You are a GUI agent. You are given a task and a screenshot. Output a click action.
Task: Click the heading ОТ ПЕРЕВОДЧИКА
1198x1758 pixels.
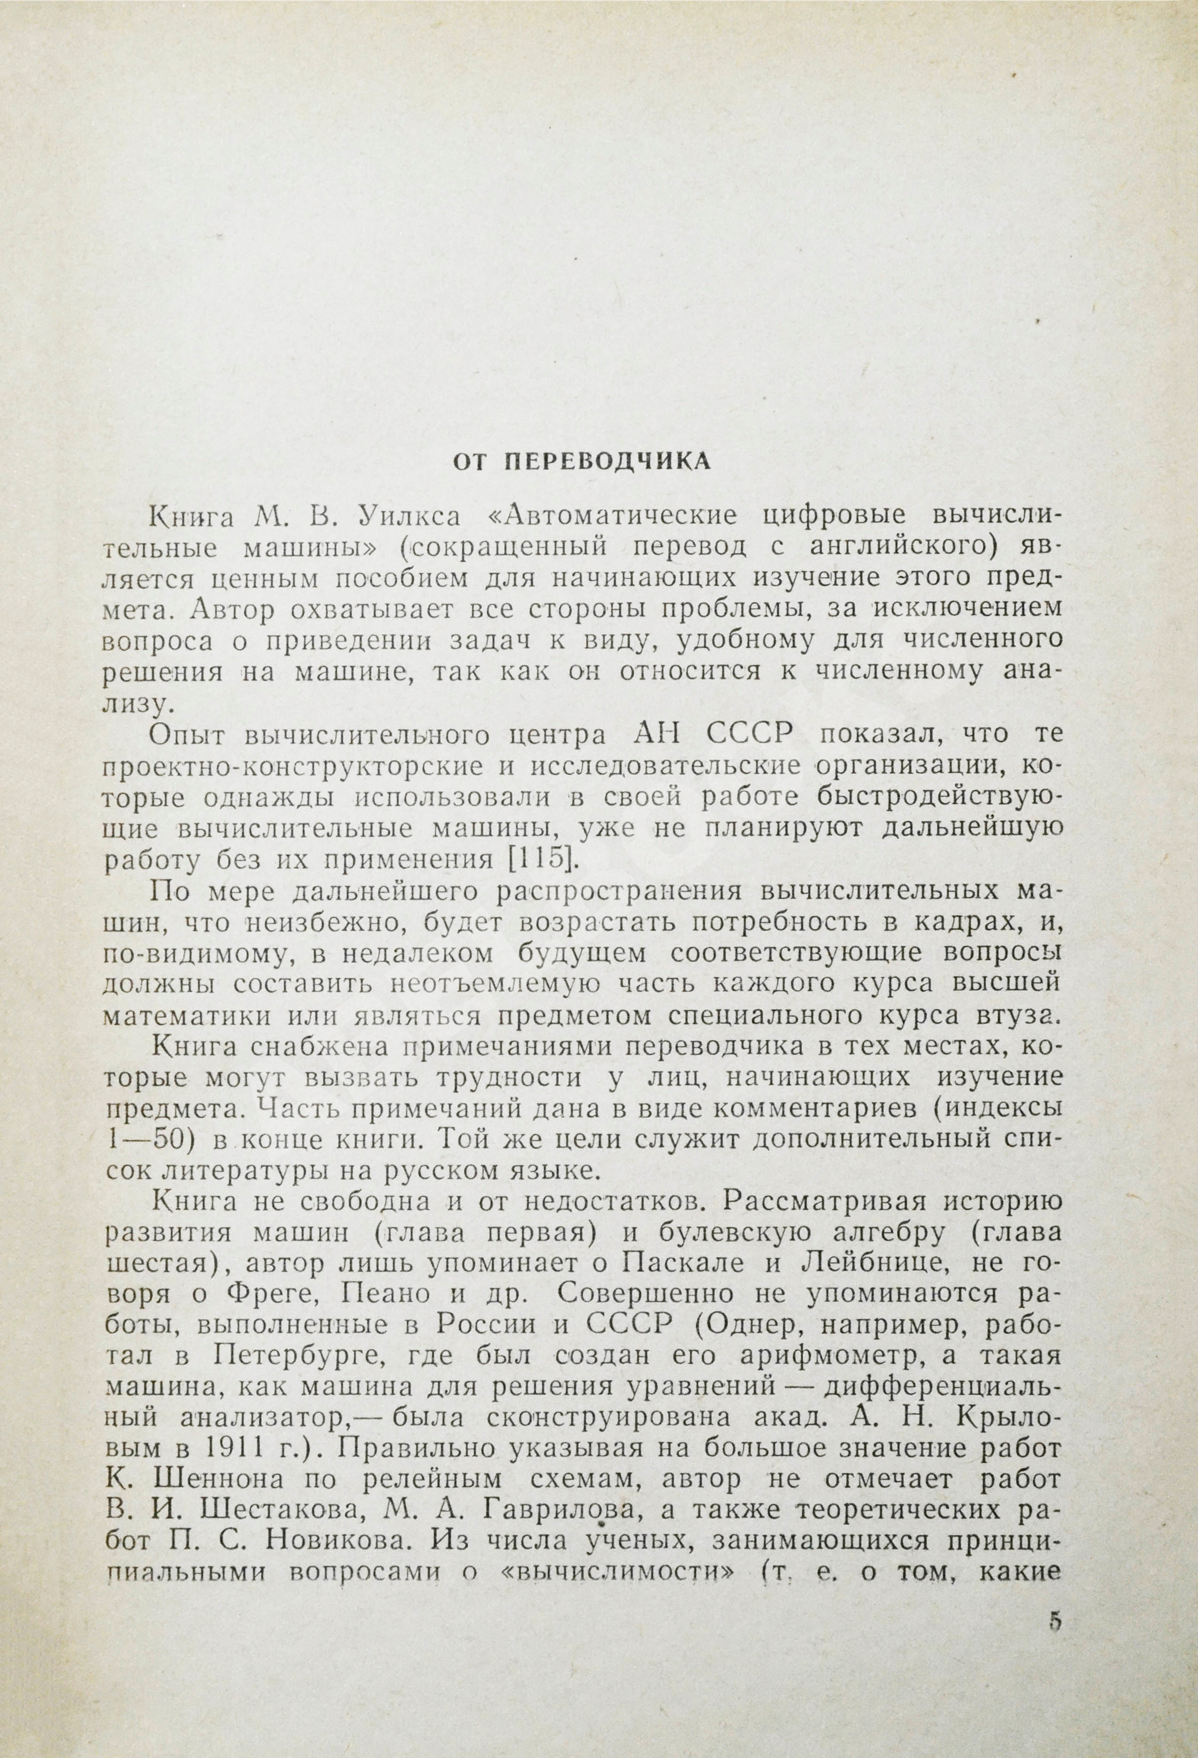click(x=581, y=462)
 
